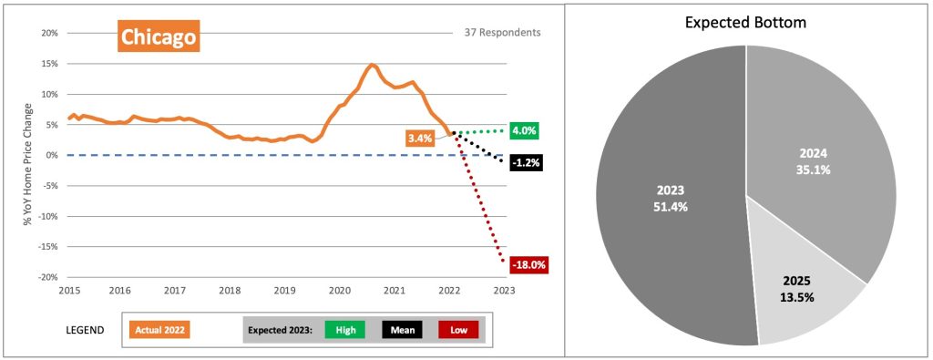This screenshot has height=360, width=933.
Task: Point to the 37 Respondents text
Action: pyautogui.click(x=497, y=33)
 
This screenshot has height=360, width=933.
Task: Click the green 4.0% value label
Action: pyautogui.click(x=525, y=130)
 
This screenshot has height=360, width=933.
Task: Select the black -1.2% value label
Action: pyautogui.click(x=525, y=163)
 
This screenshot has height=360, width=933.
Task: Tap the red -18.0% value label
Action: pyautogui.click(x=528, y=264)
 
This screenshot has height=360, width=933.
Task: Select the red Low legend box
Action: pyautogui.click(x=458, y=330)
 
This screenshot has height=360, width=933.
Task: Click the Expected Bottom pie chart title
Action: pyautogui.click(x=746, y=22)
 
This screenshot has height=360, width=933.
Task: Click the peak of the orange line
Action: pyautogui.click(x=372, y=65)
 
